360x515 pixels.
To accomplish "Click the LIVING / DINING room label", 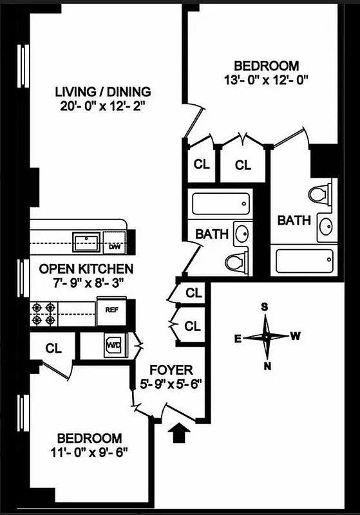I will (x=103, y=91).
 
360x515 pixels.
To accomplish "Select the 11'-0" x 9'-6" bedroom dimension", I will (x=89, y=451).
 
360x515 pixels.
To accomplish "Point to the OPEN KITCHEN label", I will (x=86, y=268).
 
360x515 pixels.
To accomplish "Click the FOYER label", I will (x=171, y=370).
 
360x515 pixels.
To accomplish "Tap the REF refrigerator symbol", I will (x=111, y=310).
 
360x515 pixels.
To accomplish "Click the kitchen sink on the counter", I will (x=86, y=242).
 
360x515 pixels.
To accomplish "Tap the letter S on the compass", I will (x=264, y=306).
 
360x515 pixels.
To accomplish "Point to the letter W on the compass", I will (x=295, y=335).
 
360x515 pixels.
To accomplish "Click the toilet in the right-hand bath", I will (x=320, y=193).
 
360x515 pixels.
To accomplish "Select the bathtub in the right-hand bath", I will (x=305, y=261).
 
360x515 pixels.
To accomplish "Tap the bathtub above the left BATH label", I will (x=218, y=205).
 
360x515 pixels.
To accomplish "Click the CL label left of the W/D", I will (x=53, y=348).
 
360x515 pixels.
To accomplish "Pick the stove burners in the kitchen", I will (x=43, y=314).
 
